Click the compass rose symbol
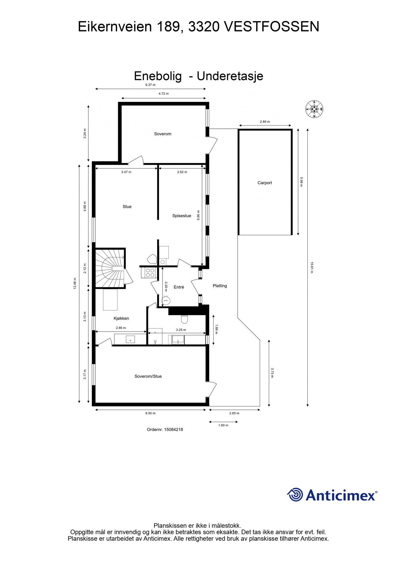pyautogui.click(x=314, y=109)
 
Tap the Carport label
pyautogui.click(x=264, y=183)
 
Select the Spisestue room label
pyautogui.click(x=182, y=216)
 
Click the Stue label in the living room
pyautogui.click(x=127, y=207)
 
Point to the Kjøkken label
pyautogui.click(x=121, y=319)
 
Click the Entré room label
pyautogui.click(x=179, y=287)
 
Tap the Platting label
pyautogui.click(x=220, y=286)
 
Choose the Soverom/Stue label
pyautogui.click(x=148, y=376)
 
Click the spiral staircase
pyautogui.click(x=110, y=268)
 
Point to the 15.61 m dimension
pyautogui.click(x=311, y=267)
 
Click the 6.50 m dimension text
pyautogui.click(x=150, y=413)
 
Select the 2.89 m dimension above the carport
pyautogui.click(x=265, y=122)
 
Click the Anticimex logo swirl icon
pyautogui.click(x=295, y=495)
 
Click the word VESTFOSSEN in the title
pyautogui.click(x=272, y=27)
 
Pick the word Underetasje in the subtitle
pyautogui.click(x=230, y=76)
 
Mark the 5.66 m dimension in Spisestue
pyautogui.click(x=198, y=216)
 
